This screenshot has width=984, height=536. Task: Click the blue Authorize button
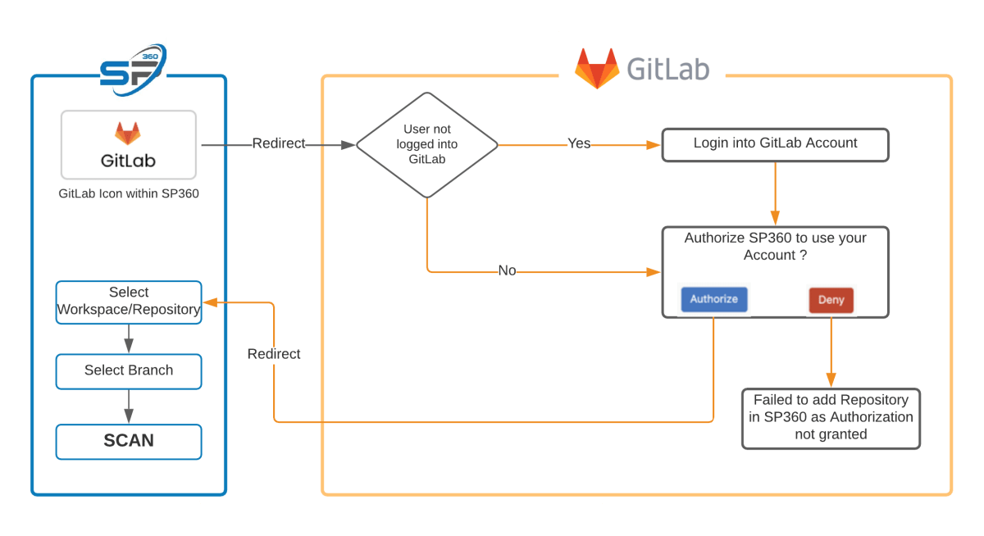713,299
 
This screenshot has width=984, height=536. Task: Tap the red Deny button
831,300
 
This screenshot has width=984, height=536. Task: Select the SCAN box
129,441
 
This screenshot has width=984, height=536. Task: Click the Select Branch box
129,370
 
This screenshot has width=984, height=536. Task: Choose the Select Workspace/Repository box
129,301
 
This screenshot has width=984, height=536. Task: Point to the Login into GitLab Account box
775,143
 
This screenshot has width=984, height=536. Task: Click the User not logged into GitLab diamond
426,145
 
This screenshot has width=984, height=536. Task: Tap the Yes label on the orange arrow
579,143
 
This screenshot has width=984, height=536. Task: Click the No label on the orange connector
507,270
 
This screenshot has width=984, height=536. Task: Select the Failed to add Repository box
831,418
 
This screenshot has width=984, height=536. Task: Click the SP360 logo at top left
133,66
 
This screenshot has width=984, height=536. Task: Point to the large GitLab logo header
642,67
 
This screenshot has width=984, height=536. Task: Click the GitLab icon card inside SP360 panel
128,144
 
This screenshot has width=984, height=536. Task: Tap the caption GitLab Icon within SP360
129,194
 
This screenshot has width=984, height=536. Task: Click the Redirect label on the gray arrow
278,143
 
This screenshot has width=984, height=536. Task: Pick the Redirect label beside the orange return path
274,354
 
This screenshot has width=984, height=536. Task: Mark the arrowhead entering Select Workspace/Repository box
210,302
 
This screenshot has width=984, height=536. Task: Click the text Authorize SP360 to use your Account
775,246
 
